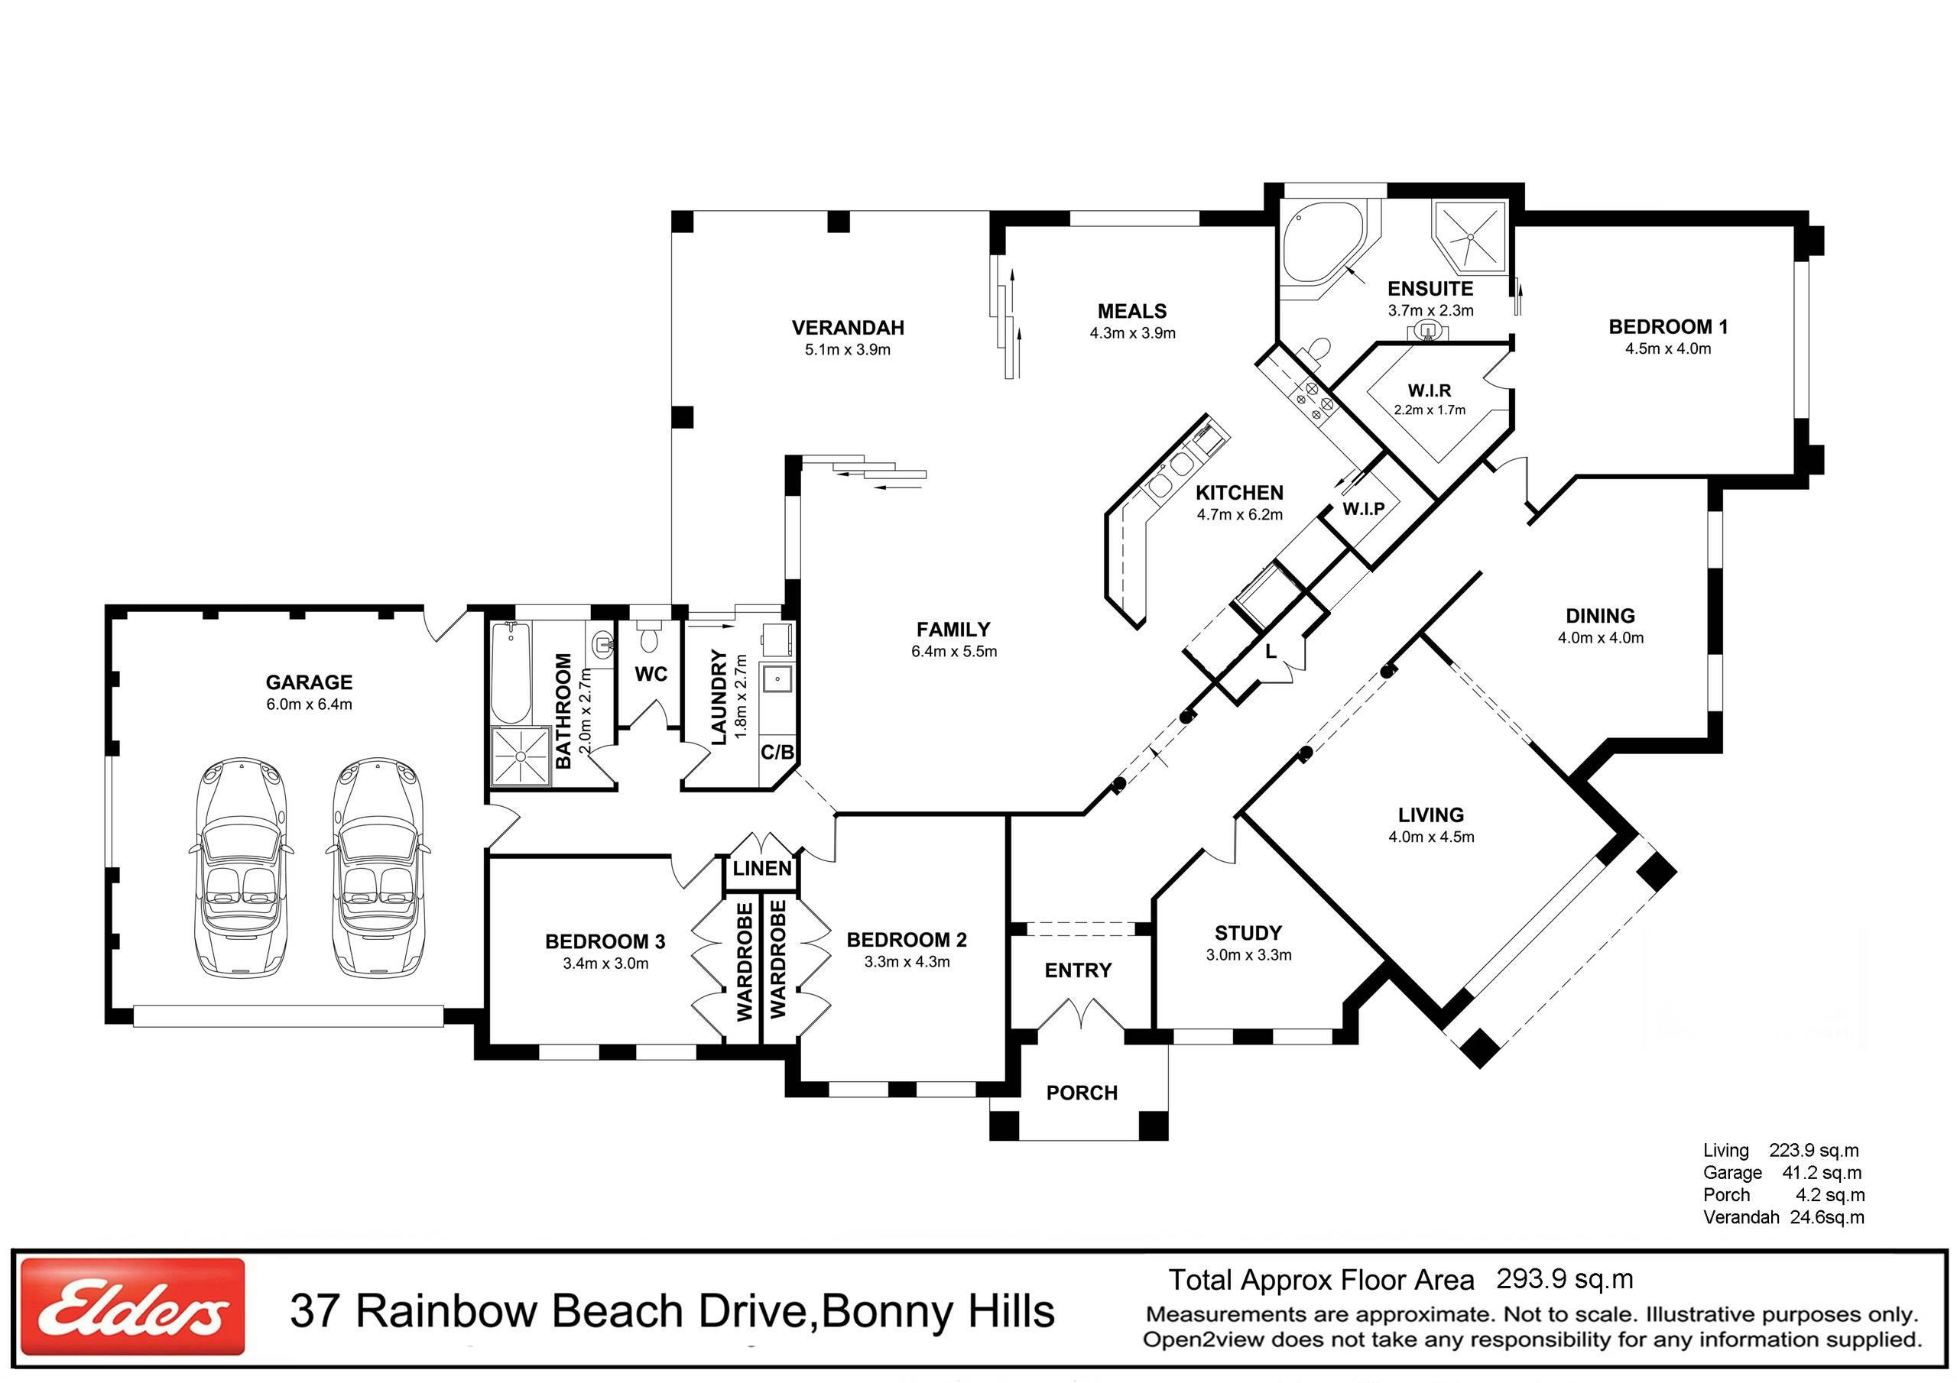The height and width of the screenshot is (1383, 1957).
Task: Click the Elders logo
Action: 132,1307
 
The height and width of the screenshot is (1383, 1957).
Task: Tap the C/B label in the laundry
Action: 777,753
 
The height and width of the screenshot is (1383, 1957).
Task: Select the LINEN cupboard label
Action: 762,868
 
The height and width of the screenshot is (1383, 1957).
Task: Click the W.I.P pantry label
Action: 1363,509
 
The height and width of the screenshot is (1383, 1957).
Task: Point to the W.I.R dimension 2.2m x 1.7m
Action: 1430,410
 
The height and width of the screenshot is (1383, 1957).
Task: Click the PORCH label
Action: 1082,1093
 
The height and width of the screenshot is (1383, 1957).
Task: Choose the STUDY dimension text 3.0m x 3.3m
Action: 1248,955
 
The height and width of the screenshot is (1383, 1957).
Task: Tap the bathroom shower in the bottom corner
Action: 519,755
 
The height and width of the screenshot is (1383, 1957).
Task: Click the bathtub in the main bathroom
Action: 511,672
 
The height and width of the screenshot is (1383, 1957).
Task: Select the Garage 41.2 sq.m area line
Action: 1782,1173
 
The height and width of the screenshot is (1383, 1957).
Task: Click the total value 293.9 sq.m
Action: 1564,1279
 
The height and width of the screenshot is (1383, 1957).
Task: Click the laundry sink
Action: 777,680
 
